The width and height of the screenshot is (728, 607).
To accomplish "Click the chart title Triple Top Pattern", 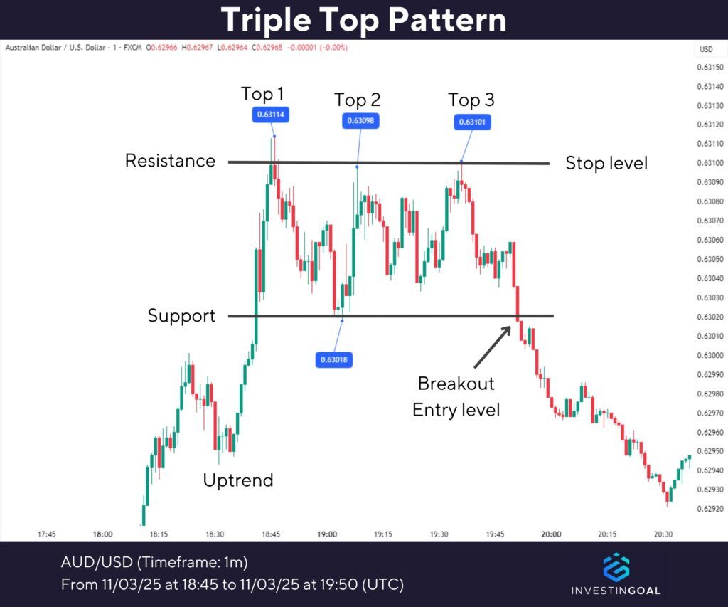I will pos(363,20).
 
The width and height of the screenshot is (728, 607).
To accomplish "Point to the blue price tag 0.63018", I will pos(333,359).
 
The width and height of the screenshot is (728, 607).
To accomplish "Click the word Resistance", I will pos(170,161).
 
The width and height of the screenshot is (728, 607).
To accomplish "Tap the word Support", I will pos(181,315).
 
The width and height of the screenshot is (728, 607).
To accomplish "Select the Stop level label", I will pos(606,163).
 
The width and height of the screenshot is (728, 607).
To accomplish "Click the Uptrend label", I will pos(238,480).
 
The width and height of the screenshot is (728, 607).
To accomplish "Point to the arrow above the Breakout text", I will pos(492,346).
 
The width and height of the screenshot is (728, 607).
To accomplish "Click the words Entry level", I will pos(456,410).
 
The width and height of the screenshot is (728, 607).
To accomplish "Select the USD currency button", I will pos(706,49).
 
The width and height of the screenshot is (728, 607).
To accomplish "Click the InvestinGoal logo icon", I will pos(616,566).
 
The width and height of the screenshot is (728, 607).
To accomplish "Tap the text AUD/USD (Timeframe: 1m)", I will pos(154,562).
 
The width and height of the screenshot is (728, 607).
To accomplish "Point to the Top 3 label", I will pos(471,100).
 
